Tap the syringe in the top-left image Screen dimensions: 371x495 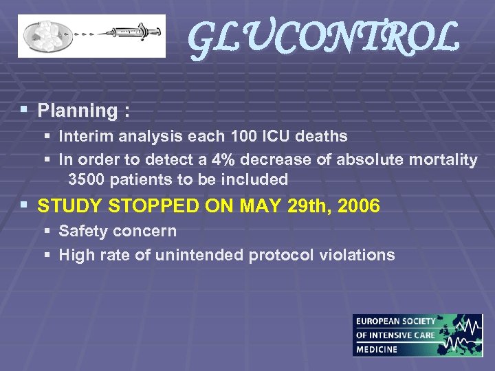128,32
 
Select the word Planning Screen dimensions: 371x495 78,111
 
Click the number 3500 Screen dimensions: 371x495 88,180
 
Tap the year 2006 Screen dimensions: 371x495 357,206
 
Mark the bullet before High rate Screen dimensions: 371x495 47,255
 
